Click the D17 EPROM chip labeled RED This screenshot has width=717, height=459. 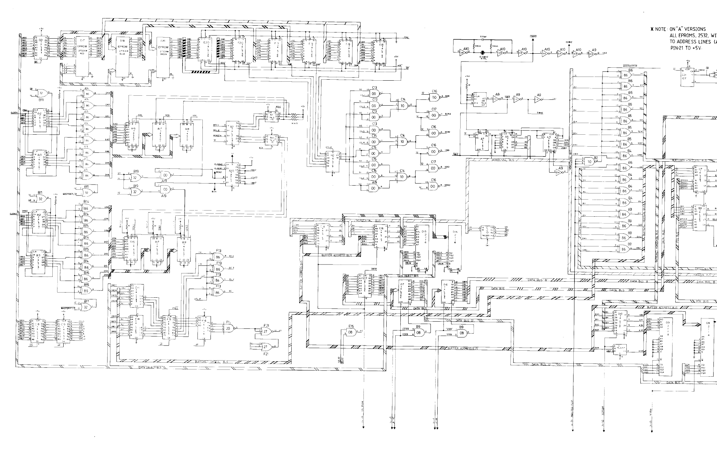click(82, 55)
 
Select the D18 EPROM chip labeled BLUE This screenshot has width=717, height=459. click(122, 55)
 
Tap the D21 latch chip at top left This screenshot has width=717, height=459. click(41, 48)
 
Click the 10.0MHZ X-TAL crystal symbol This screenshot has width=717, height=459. click(482, 53)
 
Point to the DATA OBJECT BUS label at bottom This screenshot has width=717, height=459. click(150, 368)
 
